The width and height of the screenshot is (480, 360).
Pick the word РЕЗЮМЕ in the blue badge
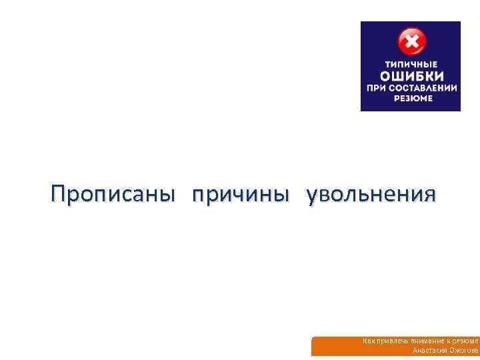(411, 98)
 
